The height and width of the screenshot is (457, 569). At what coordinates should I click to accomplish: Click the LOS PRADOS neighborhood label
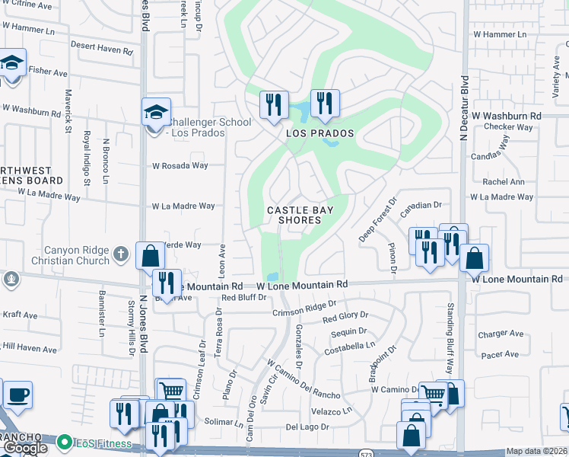[320, 133]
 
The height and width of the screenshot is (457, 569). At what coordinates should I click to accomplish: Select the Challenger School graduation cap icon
[156, 113]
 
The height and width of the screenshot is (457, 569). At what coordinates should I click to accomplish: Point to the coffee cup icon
[17, 395]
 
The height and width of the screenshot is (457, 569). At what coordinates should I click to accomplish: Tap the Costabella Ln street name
[350, 345]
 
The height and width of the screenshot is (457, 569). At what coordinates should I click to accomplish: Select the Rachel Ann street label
[504, 182]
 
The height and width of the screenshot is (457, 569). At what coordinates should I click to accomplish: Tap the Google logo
[24, 449]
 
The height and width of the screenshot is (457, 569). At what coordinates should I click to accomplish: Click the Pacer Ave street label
[499, 354]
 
